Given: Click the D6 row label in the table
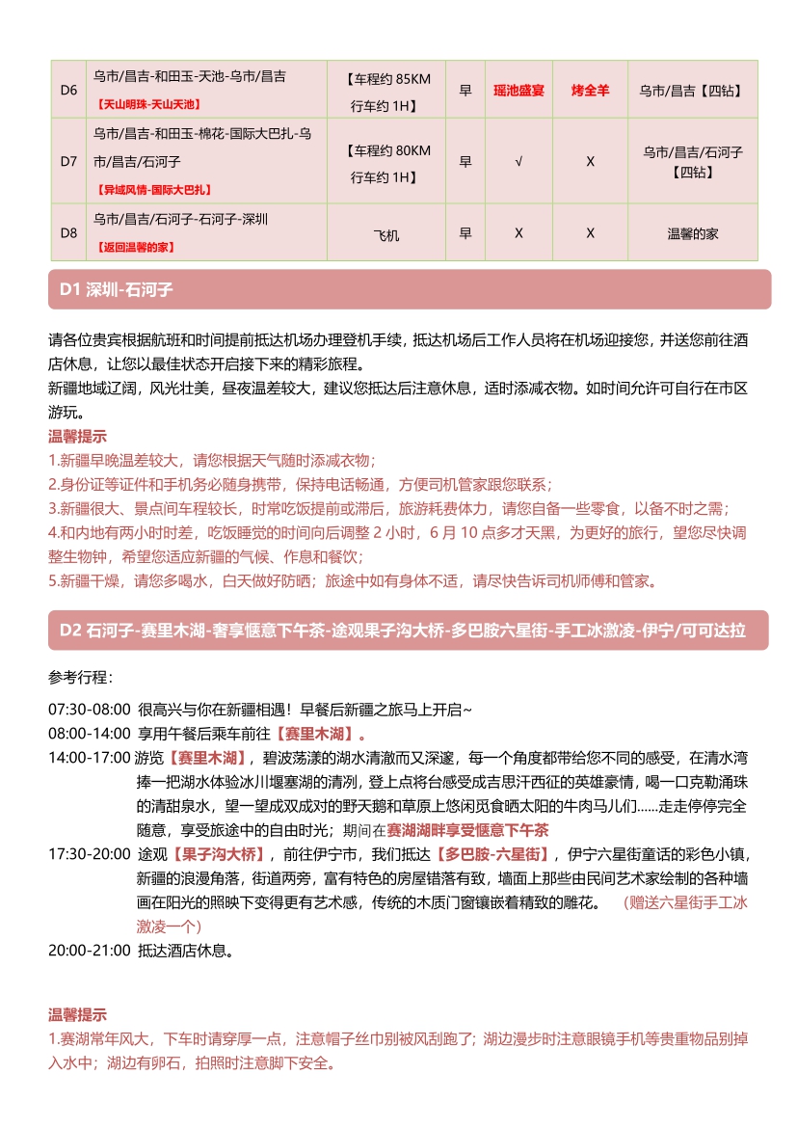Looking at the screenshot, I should (x=68, y=90).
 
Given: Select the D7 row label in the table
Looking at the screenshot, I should (x=68, y=161).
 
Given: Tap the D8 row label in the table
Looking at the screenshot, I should (x=68, y=233).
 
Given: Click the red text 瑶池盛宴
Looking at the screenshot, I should (x=518, y=90).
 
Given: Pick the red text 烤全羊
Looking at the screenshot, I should (x=590, y=90).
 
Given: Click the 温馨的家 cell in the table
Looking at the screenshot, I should (x=692, y=233).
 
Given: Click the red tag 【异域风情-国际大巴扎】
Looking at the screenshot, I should (x=153, y=190).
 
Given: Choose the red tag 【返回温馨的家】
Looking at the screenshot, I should (x=135, y=247).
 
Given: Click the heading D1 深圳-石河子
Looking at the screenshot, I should (x=115, y=289).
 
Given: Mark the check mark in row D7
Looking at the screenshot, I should (x=518, y=161).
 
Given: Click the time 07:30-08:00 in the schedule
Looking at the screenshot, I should (x=89, y=710).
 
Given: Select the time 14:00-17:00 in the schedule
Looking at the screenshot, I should (x=89, y=757).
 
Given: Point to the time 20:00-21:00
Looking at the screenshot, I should (x=89, y=950).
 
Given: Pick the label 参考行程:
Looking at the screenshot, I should (x=80, y=677).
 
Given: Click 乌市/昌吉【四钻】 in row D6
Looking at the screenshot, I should (x=692, y=90).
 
